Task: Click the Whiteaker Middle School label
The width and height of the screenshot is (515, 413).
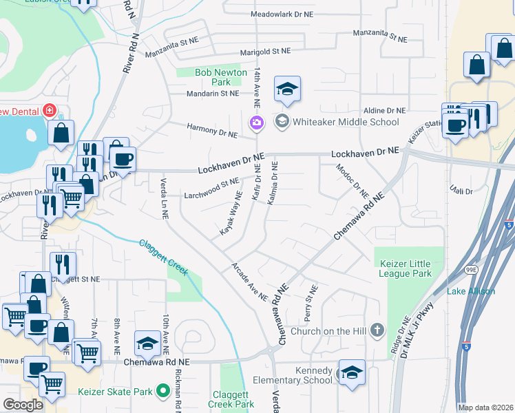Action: pos(346,122)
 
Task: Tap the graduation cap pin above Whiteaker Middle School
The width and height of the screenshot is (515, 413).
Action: pos(288,89)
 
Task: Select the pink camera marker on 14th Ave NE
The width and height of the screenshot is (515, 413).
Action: pos(256,123)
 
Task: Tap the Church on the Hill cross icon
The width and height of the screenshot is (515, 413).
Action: pos(376,330)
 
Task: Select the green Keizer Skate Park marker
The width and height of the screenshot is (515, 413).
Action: pos(163,392)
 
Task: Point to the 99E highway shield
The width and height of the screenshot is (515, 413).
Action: pos(471,268)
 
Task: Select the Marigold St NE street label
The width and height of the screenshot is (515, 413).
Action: pos(266,52)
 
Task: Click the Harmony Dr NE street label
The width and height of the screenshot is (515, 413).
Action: pos(213,128)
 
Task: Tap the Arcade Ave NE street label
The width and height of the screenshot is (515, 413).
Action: pos(249,282)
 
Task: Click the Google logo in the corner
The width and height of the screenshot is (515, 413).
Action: pos(23,404)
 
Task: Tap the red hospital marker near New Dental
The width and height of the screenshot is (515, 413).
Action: pos(49,110)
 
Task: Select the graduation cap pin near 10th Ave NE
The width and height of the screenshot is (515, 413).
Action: pos(147,342)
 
